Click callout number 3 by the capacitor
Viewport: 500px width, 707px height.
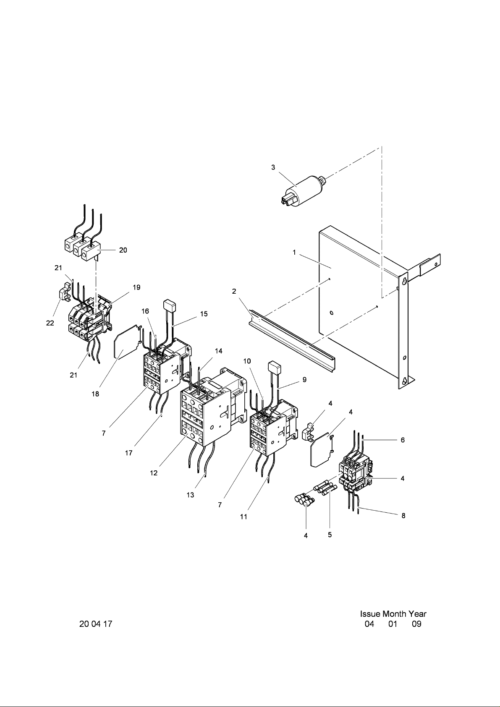tap(273, 167)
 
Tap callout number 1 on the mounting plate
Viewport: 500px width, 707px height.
tap(295, 253)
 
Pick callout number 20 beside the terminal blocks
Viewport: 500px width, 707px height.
tap(123, 250)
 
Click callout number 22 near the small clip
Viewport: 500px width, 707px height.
tap(50, 323)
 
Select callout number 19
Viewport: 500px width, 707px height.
tap(136, 287)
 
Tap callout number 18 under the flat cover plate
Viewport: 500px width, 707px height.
tap(96, 394)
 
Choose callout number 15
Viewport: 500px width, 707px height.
tap(204, 314)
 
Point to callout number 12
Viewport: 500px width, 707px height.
tap(154, 473)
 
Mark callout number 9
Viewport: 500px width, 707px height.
tap(304, 380)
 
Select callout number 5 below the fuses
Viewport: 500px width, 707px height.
tap(330, 535)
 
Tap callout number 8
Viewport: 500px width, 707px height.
tap(403, 516)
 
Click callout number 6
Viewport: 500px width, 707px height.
tap(403, 440)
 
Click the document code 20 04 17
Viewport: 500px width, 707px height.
tap(96, 624)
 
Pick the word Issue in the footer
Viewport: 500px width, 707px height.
tap(370, 614)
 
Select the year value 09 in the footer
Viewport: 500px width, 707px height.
tap(416, 624)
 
